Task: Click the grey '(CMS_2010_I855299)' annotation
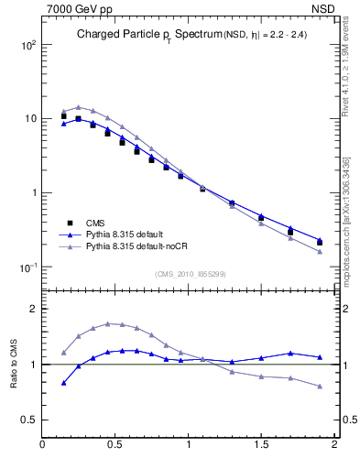(186, 274)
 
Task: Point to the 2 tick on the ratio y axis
(32, 309)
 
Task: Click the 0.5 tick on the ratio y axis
(28, 420)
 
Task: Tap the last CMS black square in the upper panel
(319, 243)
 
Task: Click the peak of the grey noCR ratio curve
(108, 323)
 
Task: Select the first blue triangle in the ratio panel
(63, 383)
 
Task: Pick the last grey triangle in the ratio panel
(319, 387)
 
